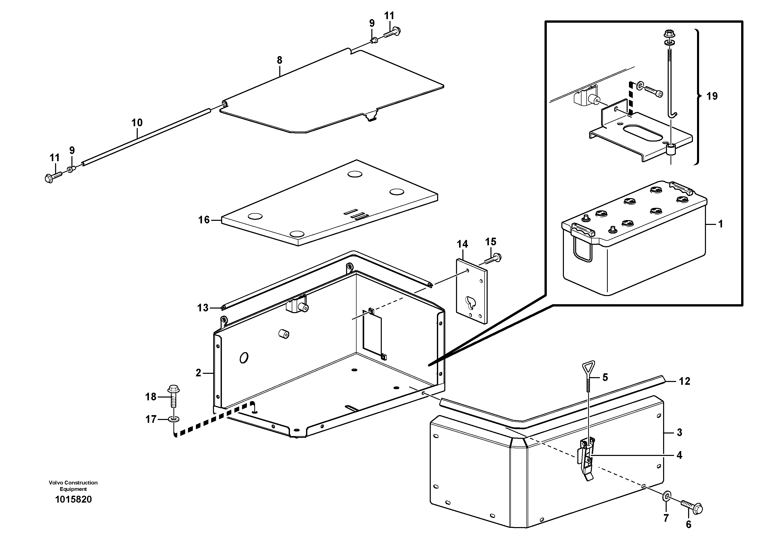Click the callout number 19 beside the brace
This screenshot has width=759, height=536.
pyautogui.click(x=712, y=96)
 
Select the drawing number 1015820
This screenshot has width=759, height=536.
pyautogui.click(x=73, y=499)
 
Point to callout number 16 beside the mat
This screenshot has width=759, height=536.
pyautogui.click(x=204, y=220)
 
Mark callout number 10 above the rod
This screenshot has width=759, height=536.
pyautogui.click(x=137, y=123)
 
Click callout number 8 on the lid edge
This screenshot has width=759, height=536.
pyautogui.click(x=280, y=60)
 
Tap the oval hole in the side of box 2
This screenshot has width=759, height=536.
pyautogui.click(x=244, y=358)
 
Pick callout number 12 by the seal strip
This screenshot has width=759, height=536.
pyautogui.click(x=684, y=381)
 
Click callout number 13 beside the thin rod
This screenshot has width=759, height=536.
pyautogui.click(x=203, y=308)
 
